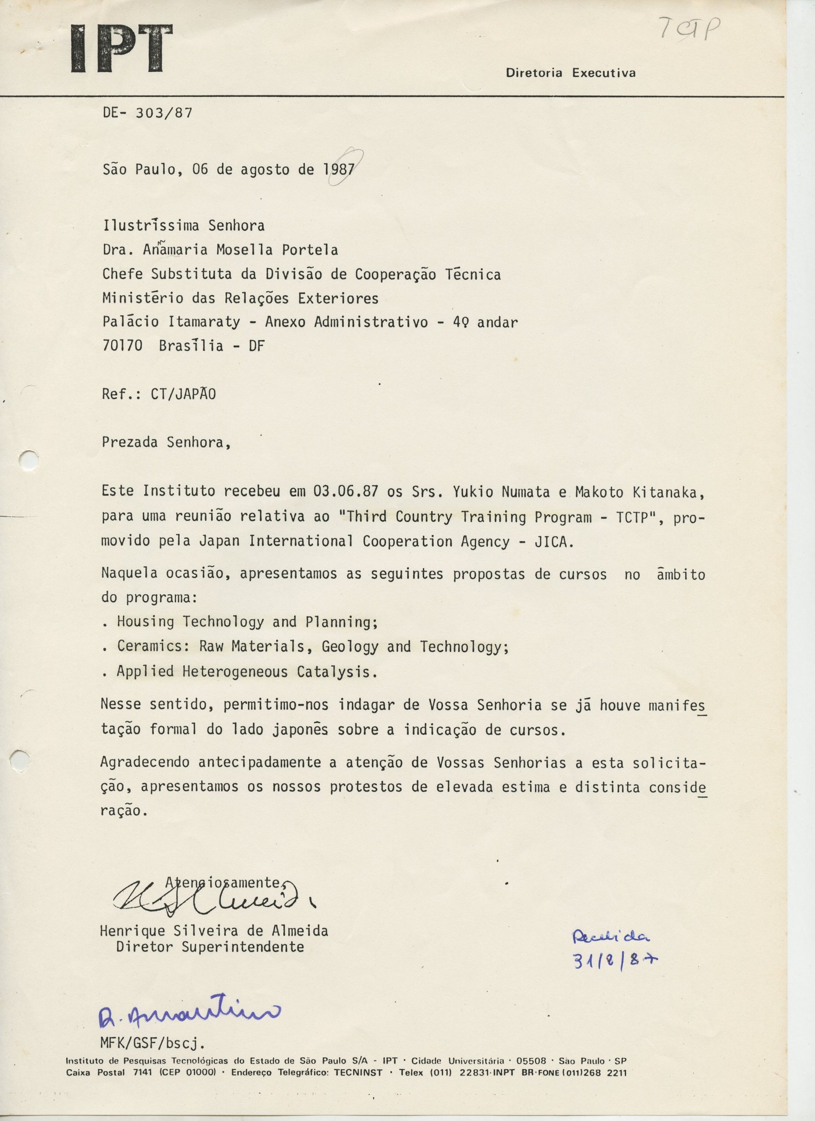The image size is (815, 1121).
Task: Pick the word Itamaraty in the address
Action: [x=204, y=322]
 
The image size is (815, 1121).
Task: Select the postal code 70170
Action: [x=122, y=346]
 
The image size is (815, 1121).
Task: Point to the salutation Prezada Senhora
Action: [x=166, y=442]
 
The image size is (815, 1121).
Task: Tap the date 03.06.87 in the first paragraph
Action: [x=346, y=492]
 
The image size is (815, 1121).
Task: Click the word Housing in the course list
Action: [x=145, y=622]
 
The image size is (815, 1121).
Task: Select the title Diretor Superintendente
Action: [x=209, y=947]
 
